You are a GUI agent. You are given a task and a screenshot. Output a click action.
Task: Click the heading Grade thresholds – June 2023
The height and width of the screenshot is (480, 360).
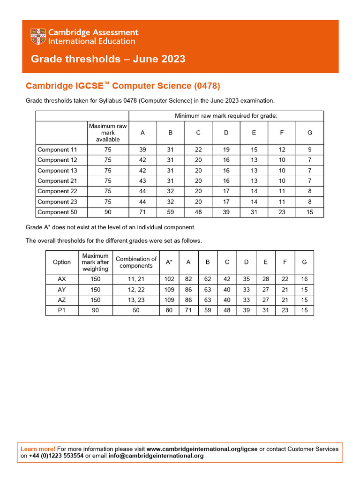tap(108, 59)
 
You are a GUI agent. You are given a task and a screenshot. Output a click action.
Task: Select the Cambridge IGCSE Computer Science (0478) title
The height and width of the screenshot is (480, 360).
tap(122, 86)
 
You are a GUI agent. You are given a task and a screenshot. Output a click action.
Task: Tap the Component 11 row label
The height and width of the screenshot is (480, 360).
tap(57, 150)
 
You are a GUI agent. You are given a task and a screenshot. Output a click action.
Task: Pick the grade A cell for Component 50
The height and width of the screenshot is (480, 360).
tap(142, 212)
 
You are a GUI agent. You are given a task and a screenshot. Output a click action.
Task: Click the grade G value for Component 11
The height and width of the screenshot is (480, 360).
tap(309, 150)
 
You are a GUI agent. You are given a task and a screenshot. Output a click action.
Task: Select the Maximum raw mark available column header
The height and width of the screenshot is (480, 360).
tap(108, 133)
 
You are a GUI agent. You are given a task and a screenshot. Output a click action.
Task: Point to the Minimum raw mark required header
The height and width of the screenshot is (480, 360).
tap(226, 116)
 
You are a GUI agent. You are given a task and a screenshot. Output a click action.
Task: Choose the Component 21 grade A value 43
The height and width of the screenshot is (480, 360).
tap(142, 181)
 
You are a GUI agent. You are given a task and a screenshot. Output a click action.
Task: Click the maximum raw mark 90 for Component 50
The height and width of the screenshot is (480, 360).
tap(108, 212)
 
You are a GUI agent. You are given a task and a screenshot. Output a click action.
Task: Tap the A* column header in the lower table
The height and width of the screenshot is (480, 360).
tap(169, 262)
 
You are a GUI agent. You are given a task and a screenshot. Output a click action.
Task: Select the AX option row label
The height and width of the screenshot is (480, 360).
tap(62, 279)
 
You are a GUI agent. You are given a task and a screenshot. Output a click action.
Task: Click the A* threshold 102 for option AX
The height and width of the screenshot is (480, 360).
tap(169, 279)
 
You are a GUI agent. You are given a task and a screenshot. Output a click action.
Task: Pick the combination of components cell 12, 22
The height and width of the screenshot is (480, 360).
tap(136, 290)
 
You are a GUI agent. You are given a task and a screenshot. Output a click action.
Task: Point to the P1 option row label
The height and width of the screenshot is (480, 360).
tap(62, 310)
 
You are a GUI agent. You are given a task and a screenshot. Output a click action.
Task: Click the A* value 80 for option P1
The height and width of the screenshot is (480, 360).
tap(169, 310)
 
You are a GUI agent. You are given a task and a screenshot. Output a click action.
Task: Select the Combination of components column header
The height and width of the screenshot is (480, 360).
tap(136, 262)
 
